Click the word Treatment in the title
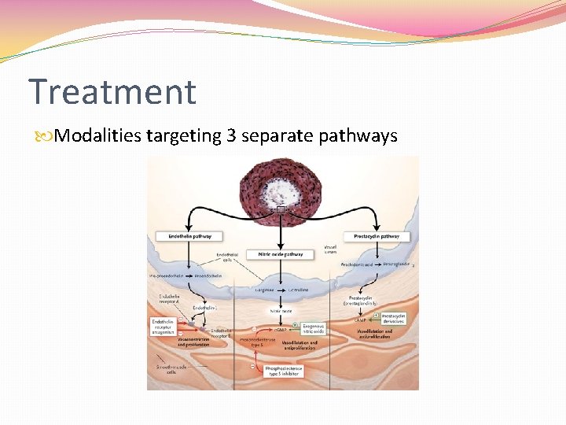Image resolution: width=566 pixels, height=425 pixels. click(x=112, y=91)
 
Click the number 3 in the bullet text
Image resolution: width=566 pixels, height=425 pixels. click(x=231, y=136)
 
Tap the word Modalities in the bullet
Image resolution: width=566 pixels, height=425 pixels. click(x=99, y=136)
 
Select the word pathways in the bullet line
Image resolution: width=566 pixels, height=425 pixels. click(x=358, y=136)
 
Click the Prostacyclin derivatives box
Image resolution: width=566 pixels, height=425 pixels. click(x=393, y=318)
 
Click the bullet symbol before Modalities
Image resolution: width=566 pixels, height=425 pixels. click(x=48, y=137)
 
